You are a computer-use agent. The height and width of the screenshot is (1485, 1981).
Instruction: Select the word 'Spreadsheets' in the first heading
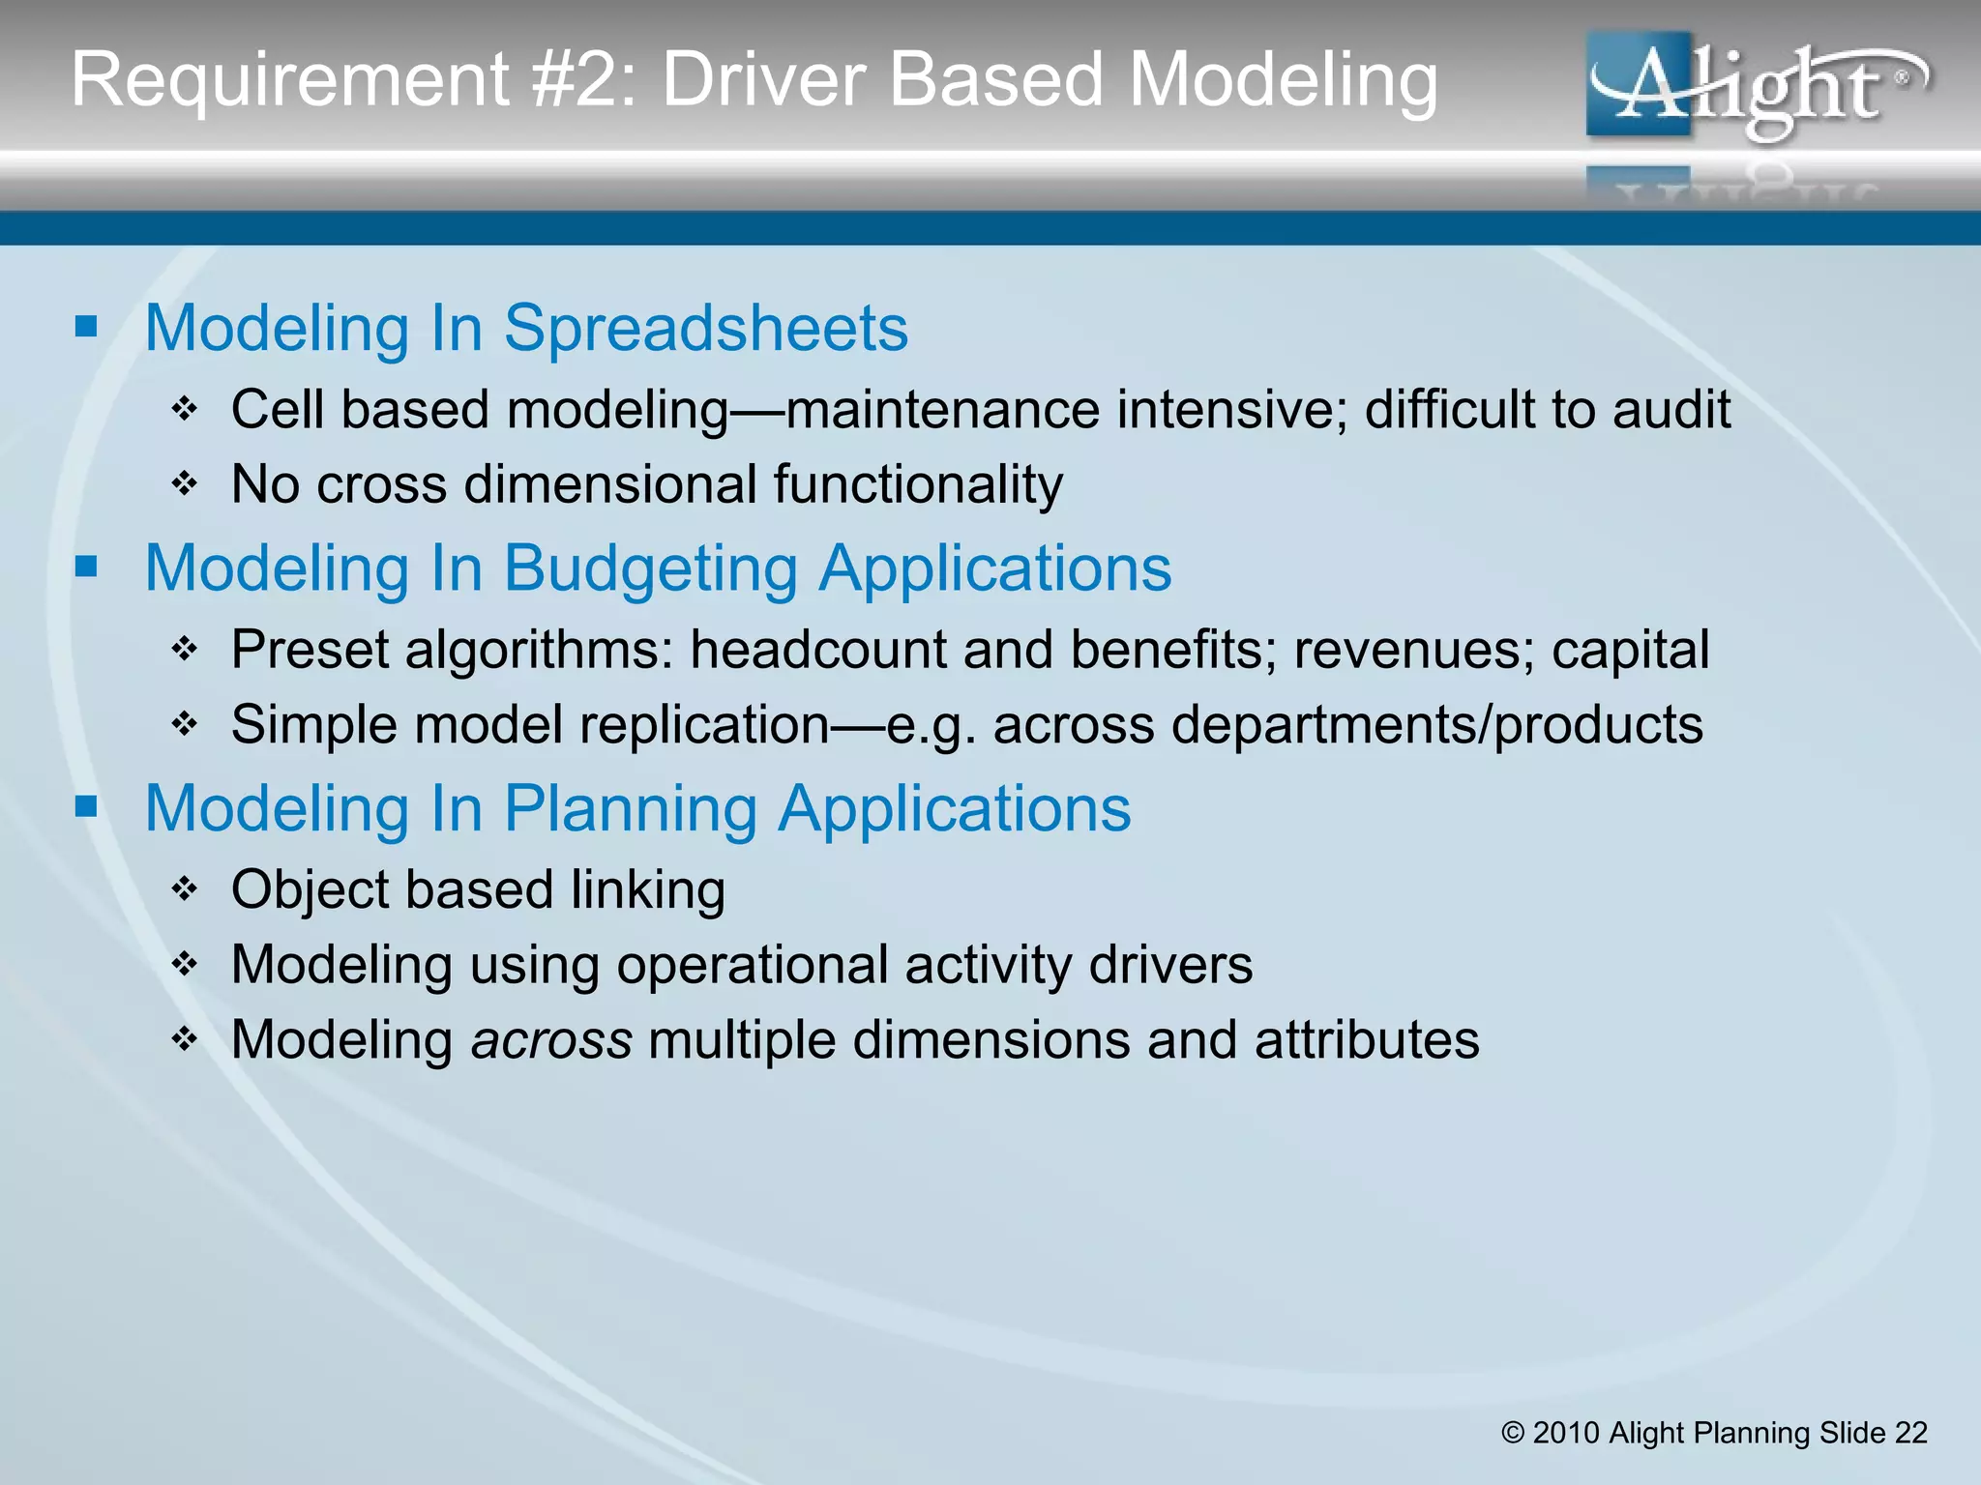(705, 329)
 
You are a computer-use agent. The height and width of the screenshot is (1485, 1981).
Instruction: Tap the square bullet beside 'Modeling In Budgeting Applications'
(87, 566)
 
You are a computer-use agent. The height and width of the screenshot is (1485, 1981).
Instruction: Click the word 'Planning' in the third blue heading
(631, 808)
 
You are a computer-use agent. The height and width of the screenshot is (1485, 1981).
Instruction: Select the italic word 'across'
(551, 1040)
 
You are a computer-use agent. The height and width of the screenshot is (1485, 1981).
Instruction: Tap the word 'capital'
(1630, 650)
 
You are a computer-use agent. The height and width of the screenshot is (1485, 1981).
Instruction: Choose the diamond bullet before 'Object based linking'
(184, 888)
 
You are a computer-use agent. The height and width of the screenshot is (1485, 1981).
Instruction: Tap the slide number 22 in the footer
(1910, 1433)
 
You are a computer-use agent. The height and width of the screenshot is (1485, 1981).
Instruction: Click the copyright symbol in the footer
(1513, 1433)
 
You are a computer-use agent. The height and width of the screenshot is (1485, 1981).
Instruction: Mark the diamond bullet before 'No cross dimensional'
(184, 483)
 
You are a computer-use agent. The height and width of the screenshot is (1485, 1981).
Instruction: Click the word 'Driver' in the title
(764, 79)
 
